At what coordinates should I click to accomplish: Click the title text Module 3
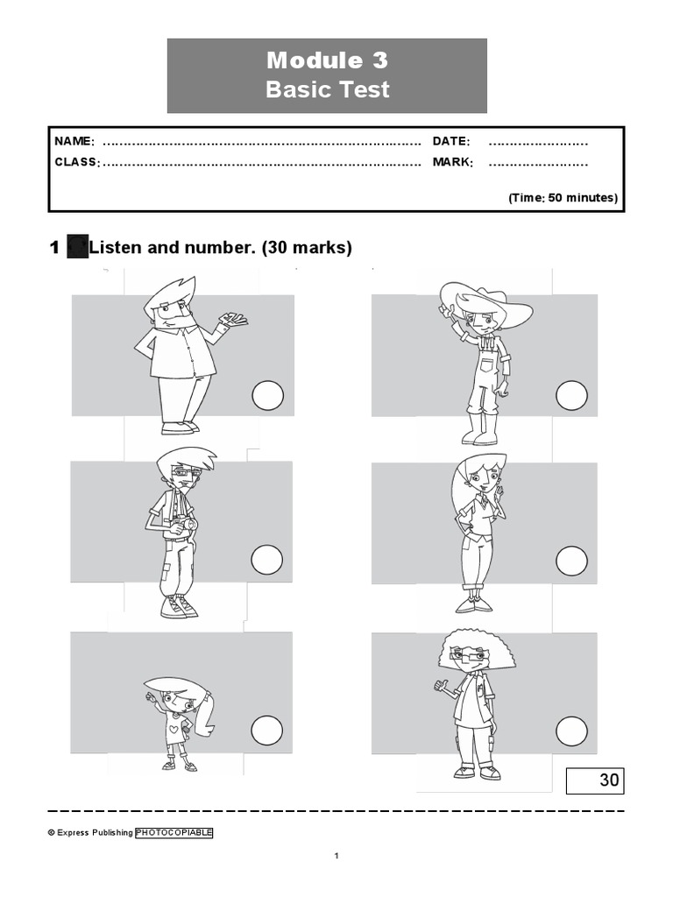[x=327, y=60]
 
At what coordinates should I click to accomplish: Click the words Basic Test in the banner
[x=327, y=89]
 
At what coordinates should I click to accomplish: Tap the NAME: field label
[x=74, y=142]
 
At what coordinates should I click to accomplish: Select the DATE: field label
[x=451, y=142]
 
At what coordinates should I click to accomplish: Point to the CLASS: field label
[x=77, y=162]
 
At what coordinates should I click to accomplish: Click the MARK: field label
[x=453, y=162]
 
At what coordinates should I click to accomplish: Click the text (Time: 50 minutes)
[x=563, y=198]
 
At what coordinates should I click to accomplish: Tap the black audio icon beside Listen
[x=77, y=248]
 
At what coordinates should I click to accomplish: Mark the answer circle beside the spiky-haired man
[x=267, y=397]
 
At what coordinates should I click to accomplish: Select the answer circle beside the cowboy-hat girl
[x=571, y=395]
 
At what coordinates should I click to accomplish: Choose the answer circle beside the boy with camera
[x=267, y=560]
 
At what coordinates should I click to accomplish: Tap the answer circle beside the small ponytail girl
[x=267, y=730]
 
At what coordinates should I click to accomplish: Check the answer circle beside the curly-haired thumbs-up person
[x=571, y=730]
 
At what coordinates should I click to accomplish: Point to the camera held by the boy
[x=185, y=525]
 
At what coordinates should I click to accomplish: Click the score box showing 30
[x=595, y=780]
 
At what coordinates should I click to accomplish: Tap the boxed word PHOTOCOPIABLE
[x=174, y=833]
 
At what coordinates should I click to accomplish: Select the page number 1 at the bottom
[x=336, y=856]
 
